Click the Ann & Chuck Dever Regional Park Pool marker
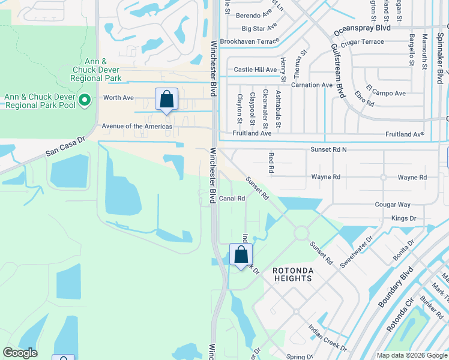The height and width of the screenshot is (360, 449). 85,100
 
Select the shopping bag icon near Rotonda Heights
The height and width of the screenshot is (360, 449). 241,254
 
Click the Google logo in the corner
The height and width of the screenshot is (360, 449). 20,353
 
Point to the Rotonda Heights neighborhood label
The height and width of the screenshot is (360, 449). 292,274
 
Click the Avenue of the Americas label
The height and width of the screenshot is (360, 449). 137,127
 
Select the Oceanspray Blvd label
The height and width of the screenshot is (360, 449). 366,28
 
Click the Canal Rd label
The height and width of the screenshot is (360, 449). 232,199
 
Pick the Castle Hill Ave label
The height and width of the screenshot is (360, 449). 255,70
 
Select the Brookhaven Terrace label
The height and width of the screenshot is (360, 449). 249,41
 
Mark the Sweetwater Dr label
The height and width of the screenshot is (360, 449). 356,252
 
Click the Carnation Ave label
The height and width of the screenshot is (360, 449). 312,85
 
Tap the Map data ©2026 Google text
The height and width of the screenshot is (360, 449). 411,355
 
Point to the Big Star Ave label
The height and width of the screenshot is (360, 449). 259,28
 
